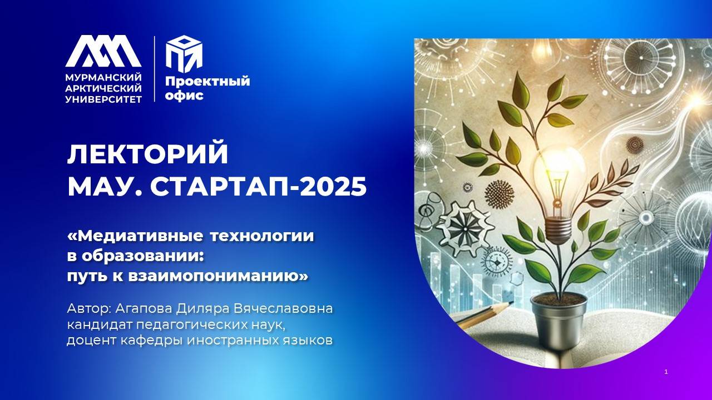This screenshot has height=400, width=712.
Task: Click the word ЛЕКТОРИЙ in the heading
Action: pos(147,154)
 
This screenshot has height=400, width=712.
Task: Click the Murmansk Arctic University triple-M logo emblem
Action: pos(103,51)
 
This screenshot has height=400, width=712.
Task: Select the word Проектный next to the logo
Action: pos(207,82)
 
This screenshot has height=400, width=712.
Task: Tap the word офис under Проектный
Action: pos(184,96)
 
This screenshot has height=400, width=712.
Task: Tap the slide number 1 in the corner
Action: pos(666,372)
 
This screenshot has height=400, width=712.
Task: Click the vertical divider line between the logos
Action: pos(154,69)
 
